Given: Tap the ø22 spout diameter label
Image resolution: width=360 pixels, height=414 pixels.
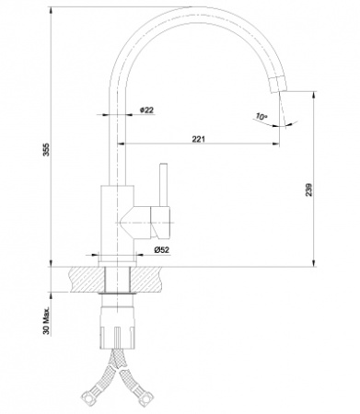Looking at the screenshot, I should pos(146,111).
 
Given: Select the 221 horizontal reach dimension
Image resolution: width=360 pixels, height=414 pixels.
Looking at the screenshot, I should pos(199,139).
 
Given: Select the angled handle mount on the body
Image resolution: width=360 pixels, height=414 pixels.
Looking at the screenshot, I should pos(138,220).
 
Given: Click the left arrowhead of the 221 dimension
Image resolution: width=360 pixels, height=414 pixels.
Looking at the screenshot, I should pos(123,145).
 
